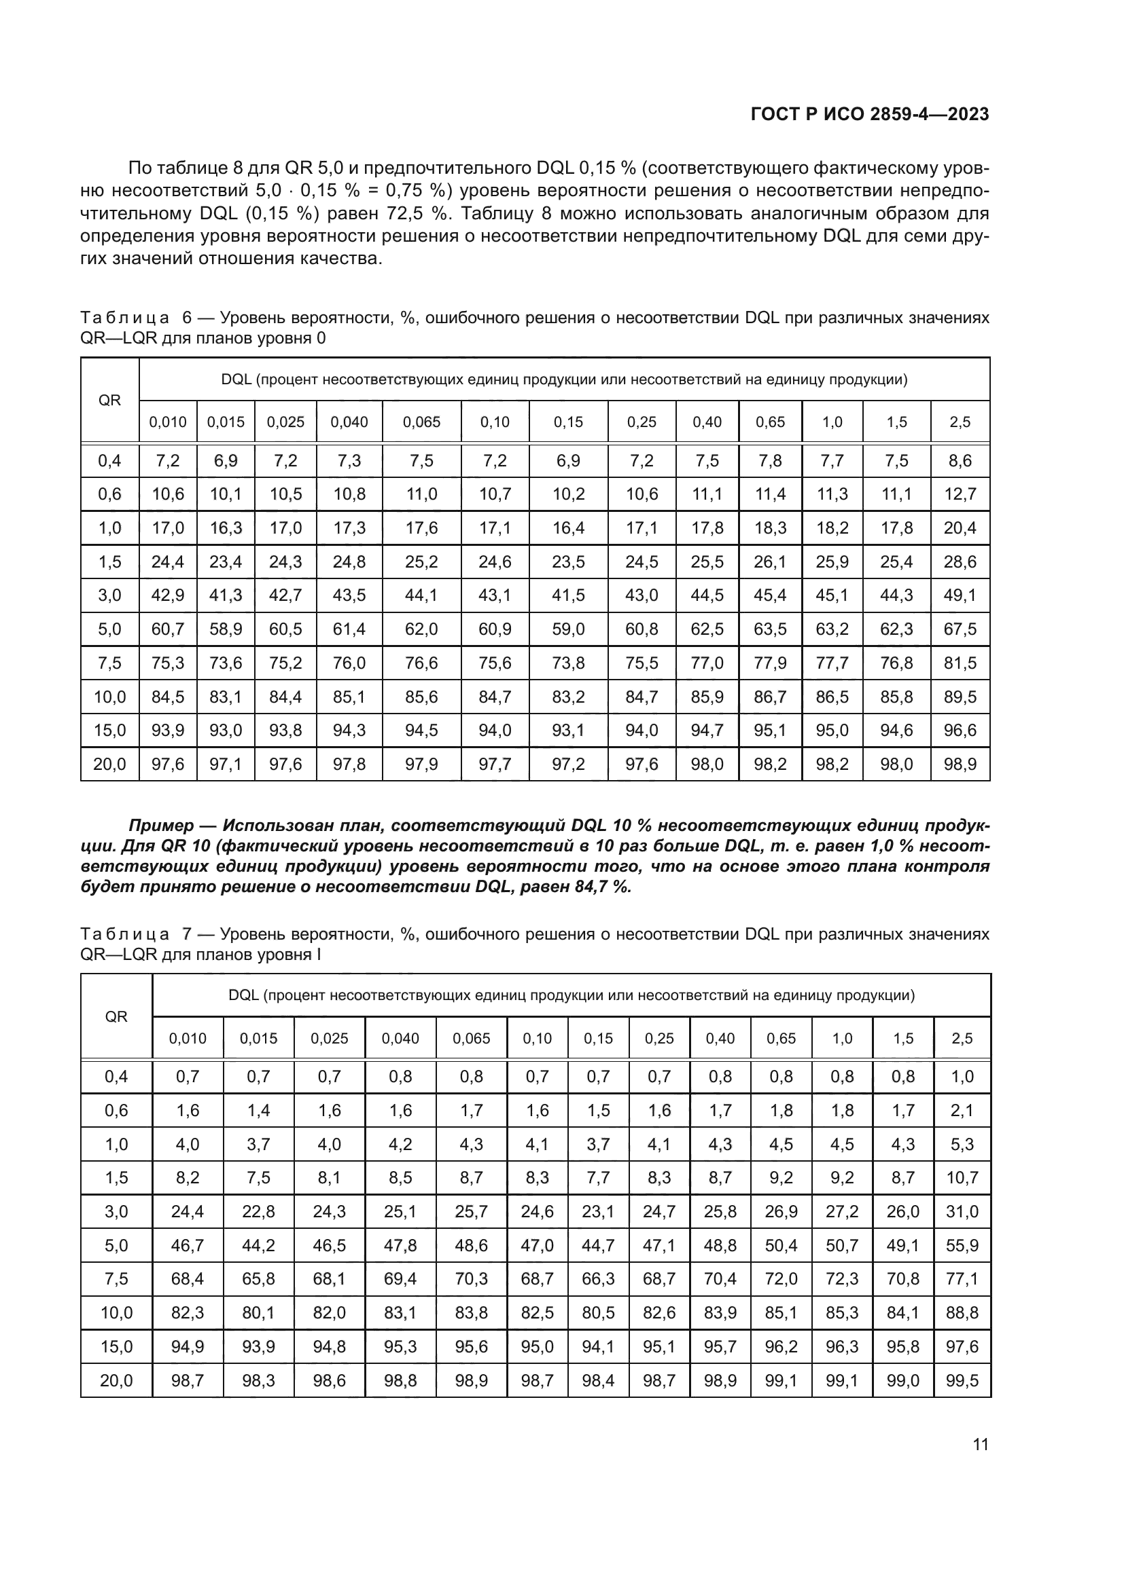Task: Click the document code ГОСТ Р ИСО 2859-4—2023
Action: pos(869,114)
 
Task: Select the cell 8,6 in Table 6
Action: pos(960,460)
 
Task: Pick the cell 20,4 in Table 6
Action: pos(960,528)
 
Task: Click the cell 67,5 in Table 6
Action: pos(960,629)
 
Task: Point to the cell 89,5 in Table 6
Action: pos(960,697)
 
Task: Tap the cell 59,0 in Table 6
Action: pos(568,629)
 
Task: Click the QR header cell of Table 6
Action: pos(109,401)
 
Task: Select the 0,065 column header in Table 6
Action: pos(421,422)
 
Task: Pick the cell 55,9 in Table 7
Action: pos(962,1246)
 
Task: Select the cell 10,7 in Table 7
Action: pos(962,1178)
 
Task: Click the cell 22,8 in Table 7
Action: pos(258,1212)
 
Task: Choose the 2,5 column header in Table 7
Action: pos(962,1038)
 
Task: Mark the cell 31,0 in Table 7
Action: pos(962,1212)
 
